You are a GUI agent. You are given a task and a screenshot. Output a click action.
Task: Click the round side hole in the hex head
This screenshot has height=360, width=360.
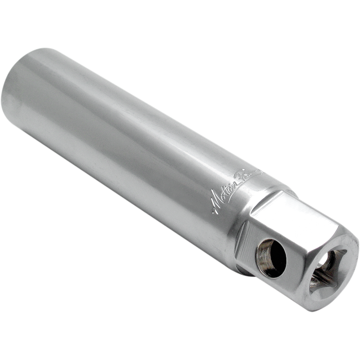point(271,257)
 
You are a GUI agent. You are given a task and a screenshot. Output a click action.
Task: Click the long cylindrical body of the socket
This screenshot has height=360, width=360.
point(129,149)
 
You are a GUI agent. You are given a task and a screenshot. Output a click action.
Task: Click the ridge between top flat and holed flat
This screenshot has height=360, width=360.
point(278,226)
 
